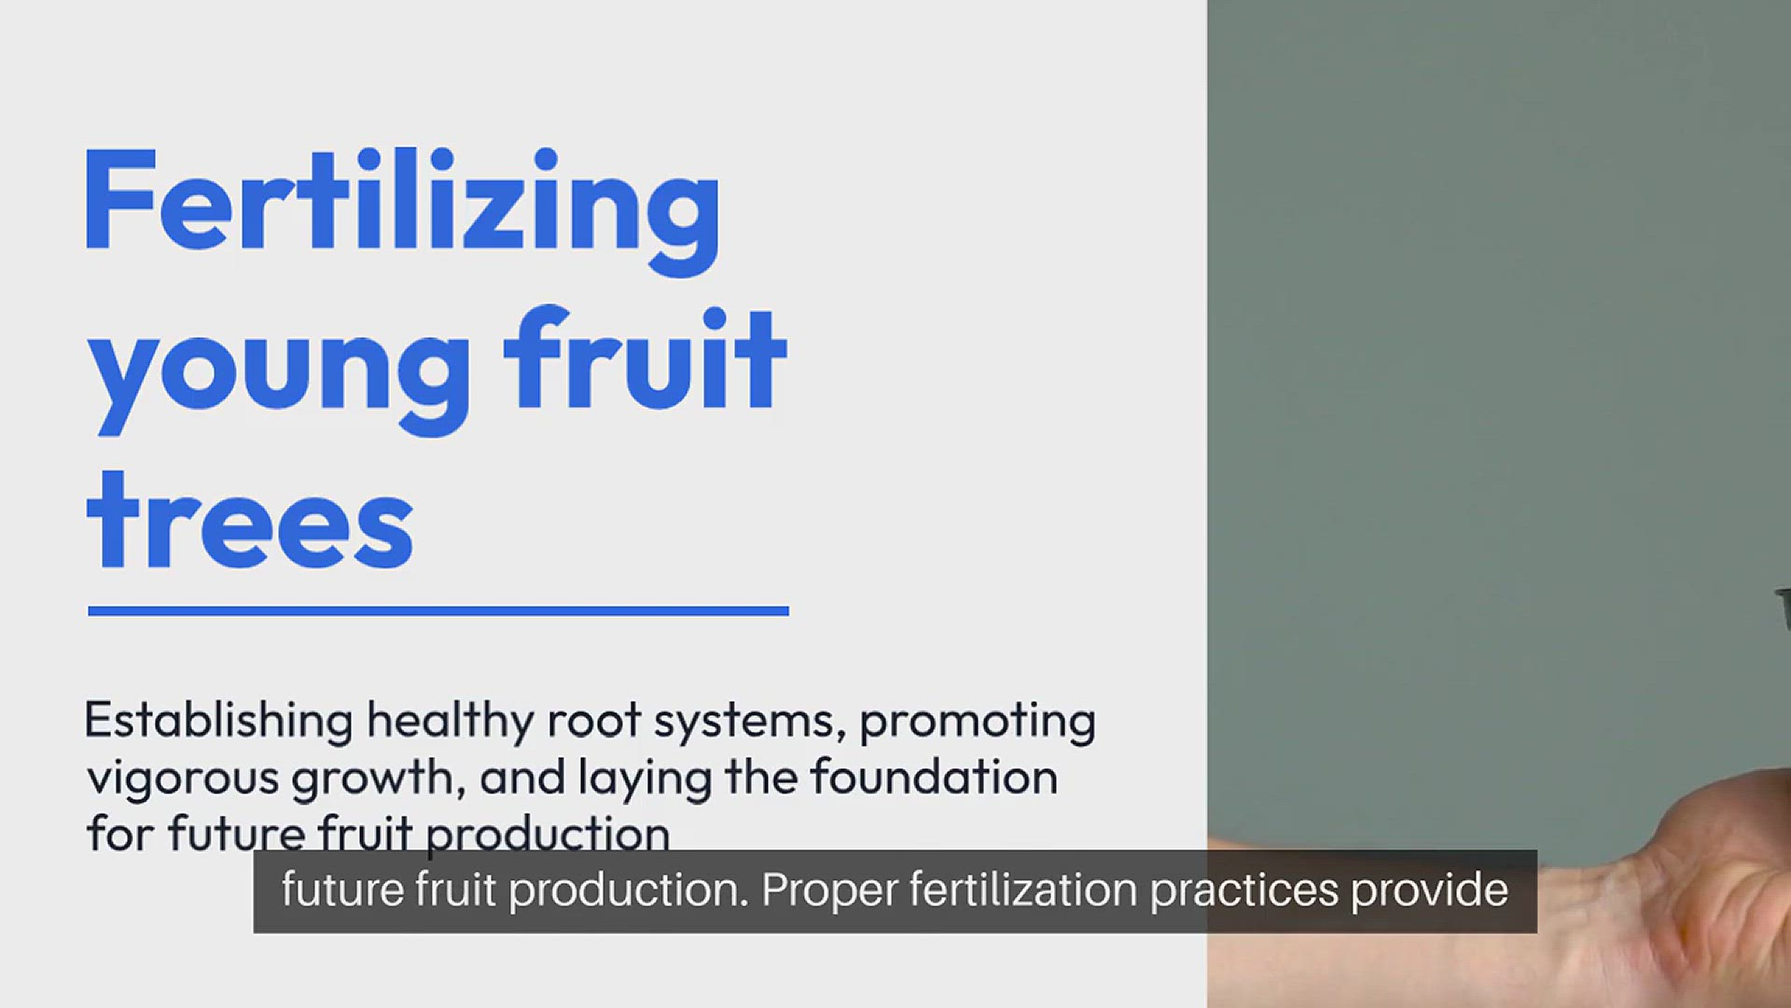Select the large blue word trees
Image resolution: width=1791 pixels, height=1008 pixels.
250,521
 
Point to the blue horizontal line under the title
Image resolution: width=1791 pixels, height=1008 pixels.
438,610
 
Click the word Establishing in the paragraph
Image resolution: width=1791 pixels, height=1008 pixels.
218,721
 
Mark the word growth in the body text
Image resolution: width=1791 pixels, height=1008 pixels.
378,777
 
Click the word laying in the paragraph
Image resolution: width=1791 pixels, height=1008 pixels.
645,778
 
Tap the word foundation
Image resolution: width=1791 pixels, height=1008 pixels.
934,777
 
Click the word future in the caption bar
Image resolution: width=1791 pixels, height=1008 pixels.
342,889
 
